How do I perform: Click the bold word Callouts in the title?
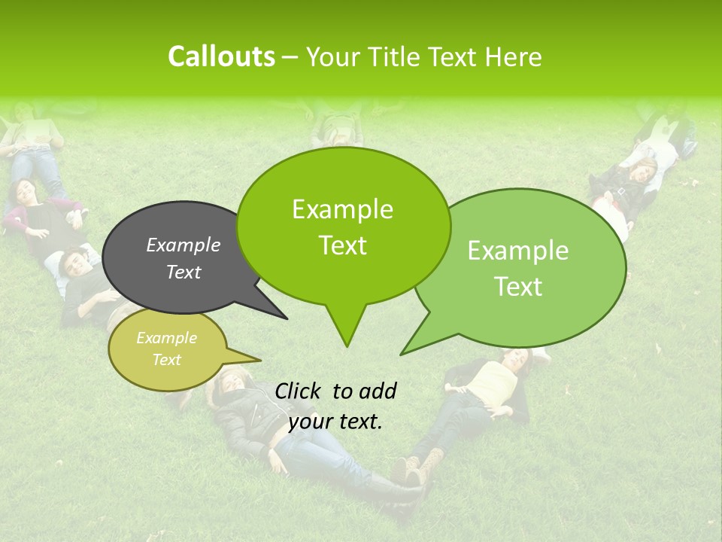(x=221, y=56)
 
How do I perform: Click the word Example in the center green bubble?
(x=342, y=209)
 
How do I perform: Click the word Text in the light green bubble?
(x=518, y=287)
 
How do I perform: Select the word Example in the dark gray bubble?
(x=183, y=245)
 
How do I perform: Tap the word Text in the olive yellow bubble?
(x=166, y=360)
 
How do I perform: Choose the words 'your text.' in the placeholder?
(x=335, y=422)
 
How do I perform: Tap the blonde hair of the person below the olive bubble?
(x=226, y=380)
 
